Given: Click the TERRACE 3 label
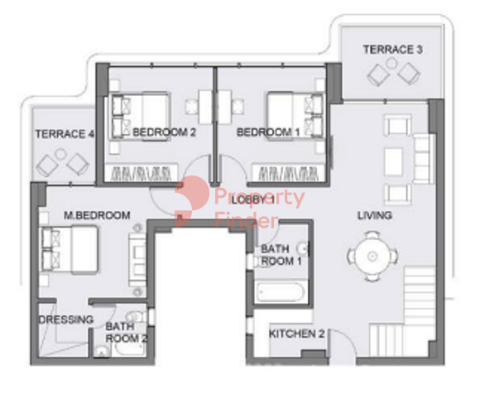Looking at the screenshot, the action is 393,50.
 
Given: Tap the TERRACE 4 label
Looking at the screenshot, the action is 65,134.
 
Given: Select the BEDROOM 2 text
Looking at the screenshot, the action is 164,132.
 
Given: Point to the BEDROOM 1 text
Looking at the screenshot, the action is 268,132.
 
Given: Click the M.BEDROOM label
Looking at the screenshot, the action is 97,215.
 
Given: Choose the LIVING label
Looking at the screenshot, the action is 375,215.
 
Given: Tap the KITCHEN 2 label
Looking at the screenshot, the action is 296,333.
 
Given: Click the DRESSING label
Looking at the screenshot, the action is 66,319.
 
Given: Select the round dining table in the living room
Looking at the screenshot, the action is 372,257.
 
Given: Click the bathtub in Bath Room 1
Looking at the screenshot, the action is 280,291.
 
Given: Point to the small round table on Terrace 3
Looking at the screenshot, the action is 391,64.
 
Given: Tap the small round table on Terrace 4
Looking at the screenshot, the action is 60,154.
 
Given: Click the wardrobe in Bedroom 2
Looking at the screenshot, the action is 142,173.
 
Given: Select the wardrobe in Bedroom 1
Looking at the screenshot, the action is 288,173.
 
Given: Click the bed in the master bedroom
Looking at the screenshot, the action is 70,249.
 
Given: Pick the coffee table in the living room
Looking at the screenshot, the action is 393,161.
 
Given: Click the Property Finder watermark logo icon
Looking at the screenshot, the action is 192,201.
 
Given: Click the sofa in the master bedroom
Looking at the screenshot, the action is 137,260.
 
